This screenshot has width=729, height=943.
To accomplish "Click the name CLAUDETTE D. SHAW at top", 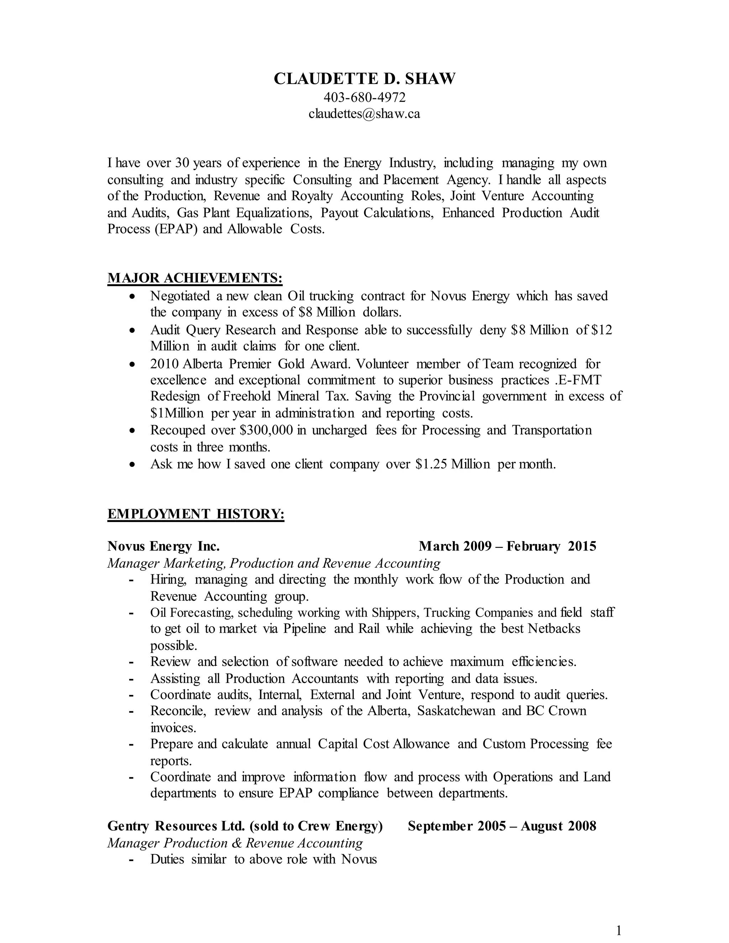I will pyautogui.click(x=364, y=79).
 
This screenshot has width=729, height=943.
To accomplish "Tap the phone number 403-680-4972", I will pyautogui.click(x=364, y=98).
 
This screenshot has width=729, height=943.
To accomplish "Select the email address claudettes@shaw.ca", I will pyautogui.click(x=364, y=114).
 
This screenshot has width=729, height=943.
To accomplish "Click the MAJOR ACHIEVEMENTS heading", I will pyautogui.click(x=195, y=278).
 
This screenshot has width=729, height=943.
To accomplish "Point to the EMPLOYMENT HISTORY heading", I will pyautogui.click(x=196, y=514).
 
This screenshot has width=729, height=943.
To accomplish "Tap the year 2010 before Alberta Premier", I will pyautogui.click(x=164, y=364).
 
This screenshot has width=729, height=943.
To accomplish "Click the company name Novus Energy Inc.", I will pyautogui.click(x=163, y=547).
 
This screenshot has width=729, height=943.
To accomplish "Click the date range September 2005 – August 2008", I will pyautogui.click(x=502, y=826).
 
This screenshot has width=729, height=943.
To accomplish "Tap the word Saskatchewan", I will pyautogui.click(x=456, y=711).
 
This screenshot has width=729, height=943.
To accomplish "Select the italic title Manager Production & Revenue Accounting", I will pyautogui.click(x=235, y=843).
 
